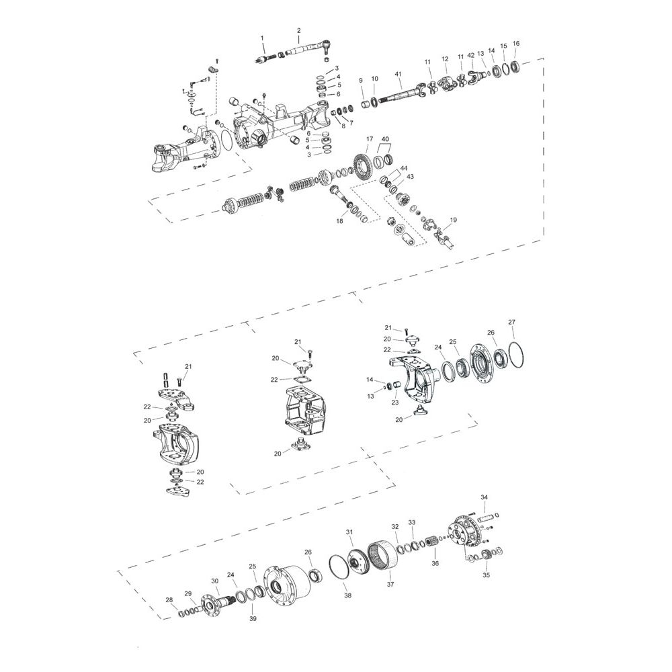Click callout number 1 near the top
[x=263, y=38]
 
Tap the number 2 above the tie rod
[x=299, y=30]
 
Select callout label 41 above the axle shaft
[x=398, y=75]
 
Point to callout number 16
[x=516, y=43]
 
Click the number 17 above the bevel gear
[x=370, y=139]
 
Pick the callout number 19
[x=453, y=220]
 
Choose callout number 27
[x=511, y=322]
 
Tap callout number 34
[x=484, y=497]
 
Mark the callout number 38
[x=347, y=595]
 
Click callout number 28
[x=169, y=599]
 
